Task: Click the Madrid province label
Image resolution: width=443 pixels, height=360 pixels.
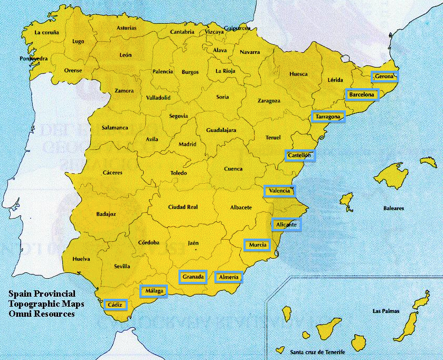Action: coord(187,144)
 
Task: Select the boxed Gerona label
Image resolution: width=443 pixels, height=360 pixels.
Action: coord(384,77)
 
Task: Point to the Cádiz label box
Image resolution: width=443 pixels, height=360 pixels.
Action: coord(115,305)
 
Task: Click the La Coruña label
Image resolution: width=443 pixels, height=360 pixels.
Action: coord(46,32)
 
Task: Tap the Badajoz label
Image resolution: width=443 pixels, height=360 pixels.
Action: coord(106,214)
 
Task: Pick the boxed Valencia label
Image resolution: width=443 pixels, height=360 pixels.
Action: coord(279,191)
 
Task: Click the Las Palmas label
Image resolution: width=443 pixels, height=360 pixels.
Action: coord(384,311)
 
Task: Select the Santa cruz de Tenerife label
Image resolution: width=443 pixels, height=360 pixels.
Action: coord(317,352)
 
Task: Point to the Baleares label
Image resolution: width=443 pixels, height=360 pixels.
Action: coord(393,208)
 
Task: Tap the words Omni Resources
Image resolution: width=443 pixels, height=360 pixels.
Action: coord(41,314)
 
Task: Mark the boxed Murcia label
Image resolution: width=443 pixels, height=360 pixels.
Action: coord(257,245)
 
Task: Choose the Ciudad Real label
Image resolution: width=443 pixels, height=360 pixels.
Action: coord(183,207)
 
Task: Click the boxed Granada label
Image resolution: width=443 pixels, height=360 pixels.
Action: coord(193,277)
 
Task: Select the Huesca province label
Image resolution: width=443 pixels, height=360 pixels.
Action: coord(298,74)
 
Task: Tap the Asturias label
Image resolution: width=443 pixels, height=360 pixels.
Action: coord(126,27)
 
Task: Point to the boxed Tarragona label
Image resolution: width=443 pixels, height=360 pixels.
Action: coord(328,117)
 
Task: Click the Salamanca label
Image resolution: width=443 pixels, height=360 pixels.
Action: coord(115,128)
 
